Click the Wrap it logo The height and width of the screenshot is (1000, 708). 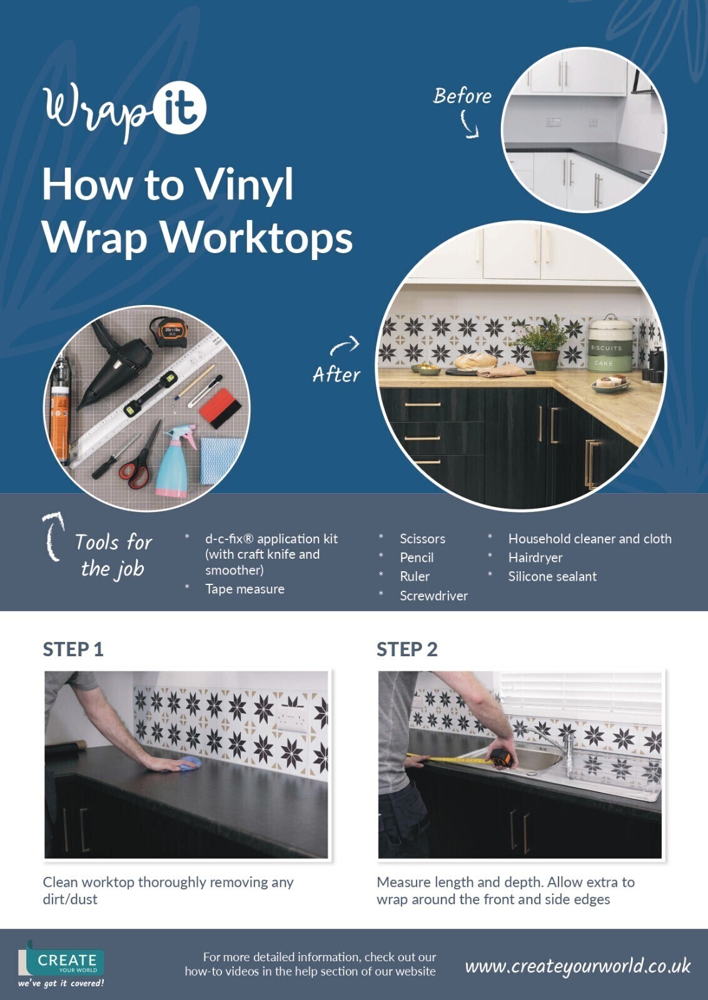[x=124, y=110]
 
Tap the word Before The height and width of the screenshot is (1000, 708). [x=462, y=96]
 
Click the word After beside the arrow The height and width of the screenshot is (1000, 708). [x=336, y=375]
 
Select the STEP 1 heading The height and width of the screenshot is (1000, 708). [x=73, y=649]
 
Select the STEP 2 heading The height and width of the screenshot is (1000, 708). [x=407, y=649]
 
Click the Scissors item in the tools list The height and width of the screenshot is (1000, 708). [x=422, y=539]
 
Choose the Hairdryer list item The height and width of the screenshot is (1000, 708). [x=535, y=557]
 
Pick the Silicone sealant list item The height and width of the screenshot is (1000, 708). [x=552, y=576]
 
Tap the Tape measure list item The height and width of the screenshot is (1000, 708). [x=245, y=589]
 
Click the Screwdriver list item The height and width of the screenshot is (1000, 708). [x=433, y=596]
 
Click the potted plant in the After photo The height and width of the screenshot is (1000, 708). [x=544, y=344]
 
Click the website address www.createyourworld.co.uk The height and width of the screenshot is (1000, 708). [x=577, y=966]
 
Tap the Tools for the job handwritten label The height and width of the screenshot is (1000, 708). [x=113, y=555]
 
